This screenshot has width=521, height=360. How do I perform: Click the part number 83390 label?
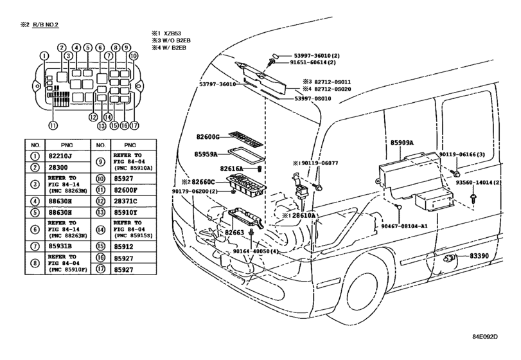pos(479,256)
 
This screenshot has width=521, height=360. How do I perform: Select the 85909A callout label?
pos(402,143)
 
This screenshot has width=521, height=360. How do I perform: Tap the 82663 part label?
pos(234,232)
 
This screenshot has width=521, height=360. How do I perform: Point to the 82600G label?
pos(208,137)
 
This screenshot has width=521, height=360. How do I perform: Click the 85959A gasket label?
pos(206,154)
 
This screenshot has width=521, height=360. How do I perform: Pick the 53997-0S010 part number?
pos(313,99)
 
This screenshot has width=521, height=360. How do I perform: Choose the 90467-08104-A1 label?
pos(404,226)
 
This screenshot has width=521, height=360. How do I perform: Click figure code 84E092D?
pos(485,336)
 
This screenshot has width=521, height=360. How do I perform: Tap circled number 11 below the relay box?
pos(53,125)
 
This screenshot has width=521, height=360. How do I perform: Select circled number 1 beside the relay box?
pos(44,56)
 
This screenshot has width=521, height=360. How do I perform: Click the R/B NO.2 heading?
pos(46,25)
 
